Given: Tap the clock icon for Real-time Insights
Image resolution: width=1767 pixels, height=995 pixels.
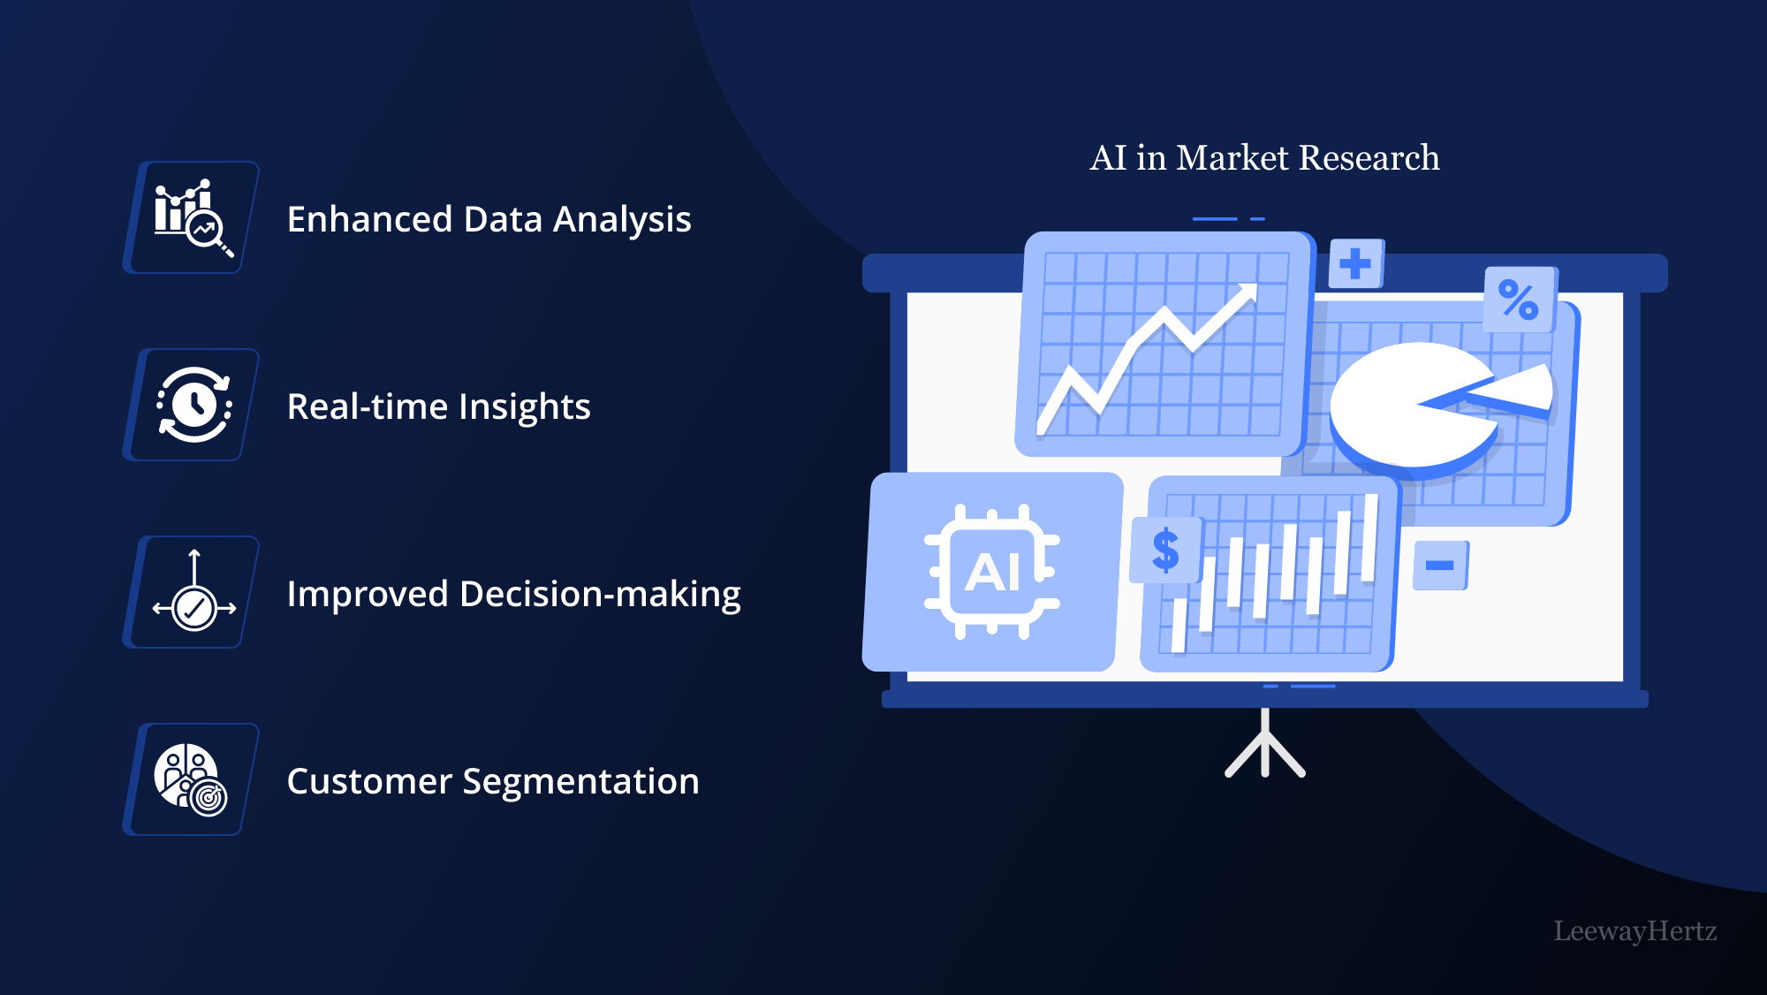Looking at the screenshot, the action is click(194, 405).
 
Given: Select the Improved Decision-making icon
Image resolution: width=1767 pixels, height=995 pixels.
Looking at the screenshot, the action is click(194, 591).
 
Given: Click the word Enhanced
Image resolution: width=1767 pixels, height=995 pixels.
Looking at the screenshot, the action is click(369, 219).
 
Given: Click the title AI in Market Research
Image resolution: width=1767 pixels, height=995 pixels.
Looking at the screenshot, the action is click(1264, 157).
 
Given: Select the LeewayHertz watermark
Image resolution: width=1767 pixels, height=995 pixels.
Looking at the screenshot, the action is click(1635, 930).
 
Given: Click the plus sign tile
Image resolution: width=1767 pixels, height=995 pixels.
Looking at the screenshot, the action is click(1355, 263).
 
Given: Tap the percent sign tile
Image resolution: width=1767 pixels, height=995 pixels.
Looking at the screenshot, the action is click(1519, 300).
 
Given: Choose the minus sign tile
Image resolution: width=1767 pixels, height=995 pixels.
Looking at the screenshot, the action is click(1440, 566).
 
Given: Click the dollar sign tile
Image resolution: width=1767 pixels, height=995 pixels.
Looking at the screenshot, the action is click(1166, 550).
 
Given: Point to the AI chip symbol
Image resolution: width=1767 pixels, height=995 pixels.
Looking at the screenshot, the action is click(992, 572).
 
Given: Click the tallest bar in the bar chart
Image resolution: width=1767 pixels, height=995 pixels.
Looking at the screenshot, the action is click(1370, 538).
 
